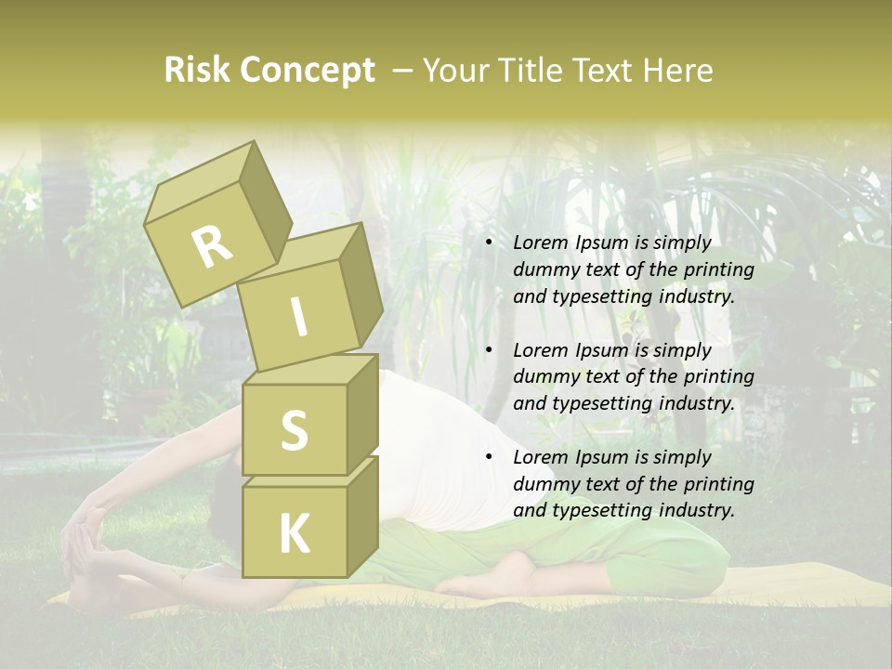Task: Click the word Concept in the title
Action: tap(308, 72)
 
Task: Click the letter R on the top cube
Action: tap(213, 246)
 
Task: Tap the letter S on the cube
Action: tap(294, 430)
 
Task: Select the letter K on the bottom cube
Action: tap(294, 533)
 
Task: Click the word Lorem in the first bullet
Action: tap(540, 243)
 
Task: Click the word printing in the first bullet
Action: tap(718, 269)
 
